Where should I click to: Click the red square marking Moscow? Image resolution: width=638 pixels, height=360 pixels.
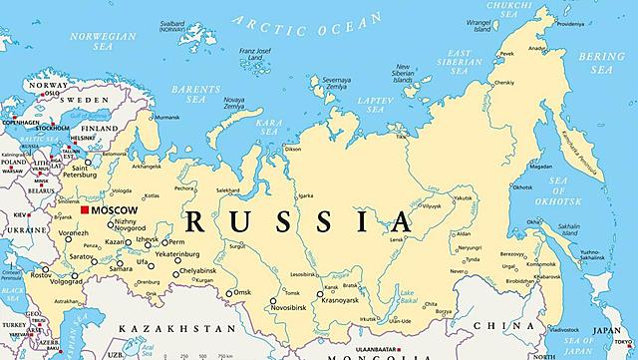tap(85, 210)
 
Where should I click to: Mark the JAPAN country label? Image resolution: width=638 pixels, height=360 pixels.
tap(605, 332)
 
